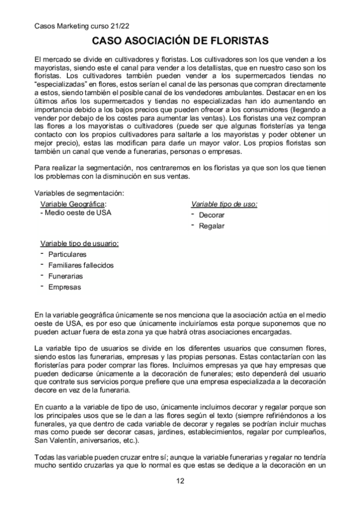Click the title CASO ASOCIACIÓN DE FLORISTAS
[180, 41]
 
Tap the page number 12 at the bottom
[180, 481]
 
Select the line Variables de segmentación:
[79, 193]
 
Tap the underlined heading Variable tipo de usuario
[79, 243]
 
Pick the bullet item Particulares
[67, 254]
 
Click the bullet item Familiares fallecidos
[81, 265]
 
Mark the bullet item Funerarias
[66, 276]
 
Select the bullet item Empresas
[64, 287]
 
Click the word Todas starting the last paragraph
[46, 456]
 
